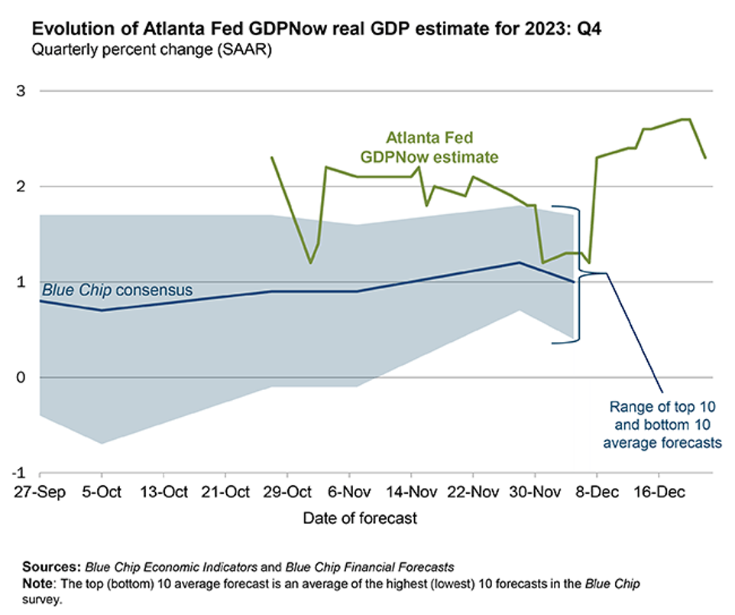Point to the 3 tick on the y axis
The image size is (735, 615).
21,91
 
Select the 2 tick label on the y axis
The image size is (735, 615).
21,187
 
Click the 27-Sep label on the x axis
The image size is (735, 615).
39,490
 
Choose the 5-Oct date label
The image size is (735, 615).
101,490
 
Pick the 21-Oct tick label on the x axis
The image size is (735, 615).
225,490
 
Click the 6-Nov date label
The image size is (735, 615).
348,490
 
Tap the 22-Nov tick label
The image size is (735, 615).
471,490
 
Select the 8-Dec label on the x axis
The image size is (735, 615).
595,490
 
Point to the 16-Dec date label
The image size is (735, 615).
658,490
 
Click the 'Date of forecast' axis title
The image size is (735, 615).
361,519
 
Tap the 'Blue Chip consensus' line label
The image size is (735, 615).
116,290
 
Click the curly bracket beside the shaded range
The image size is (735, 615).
579,274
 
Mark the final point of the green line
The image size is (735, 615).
705,158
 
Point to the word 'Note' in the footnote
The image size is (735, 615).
36,583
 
